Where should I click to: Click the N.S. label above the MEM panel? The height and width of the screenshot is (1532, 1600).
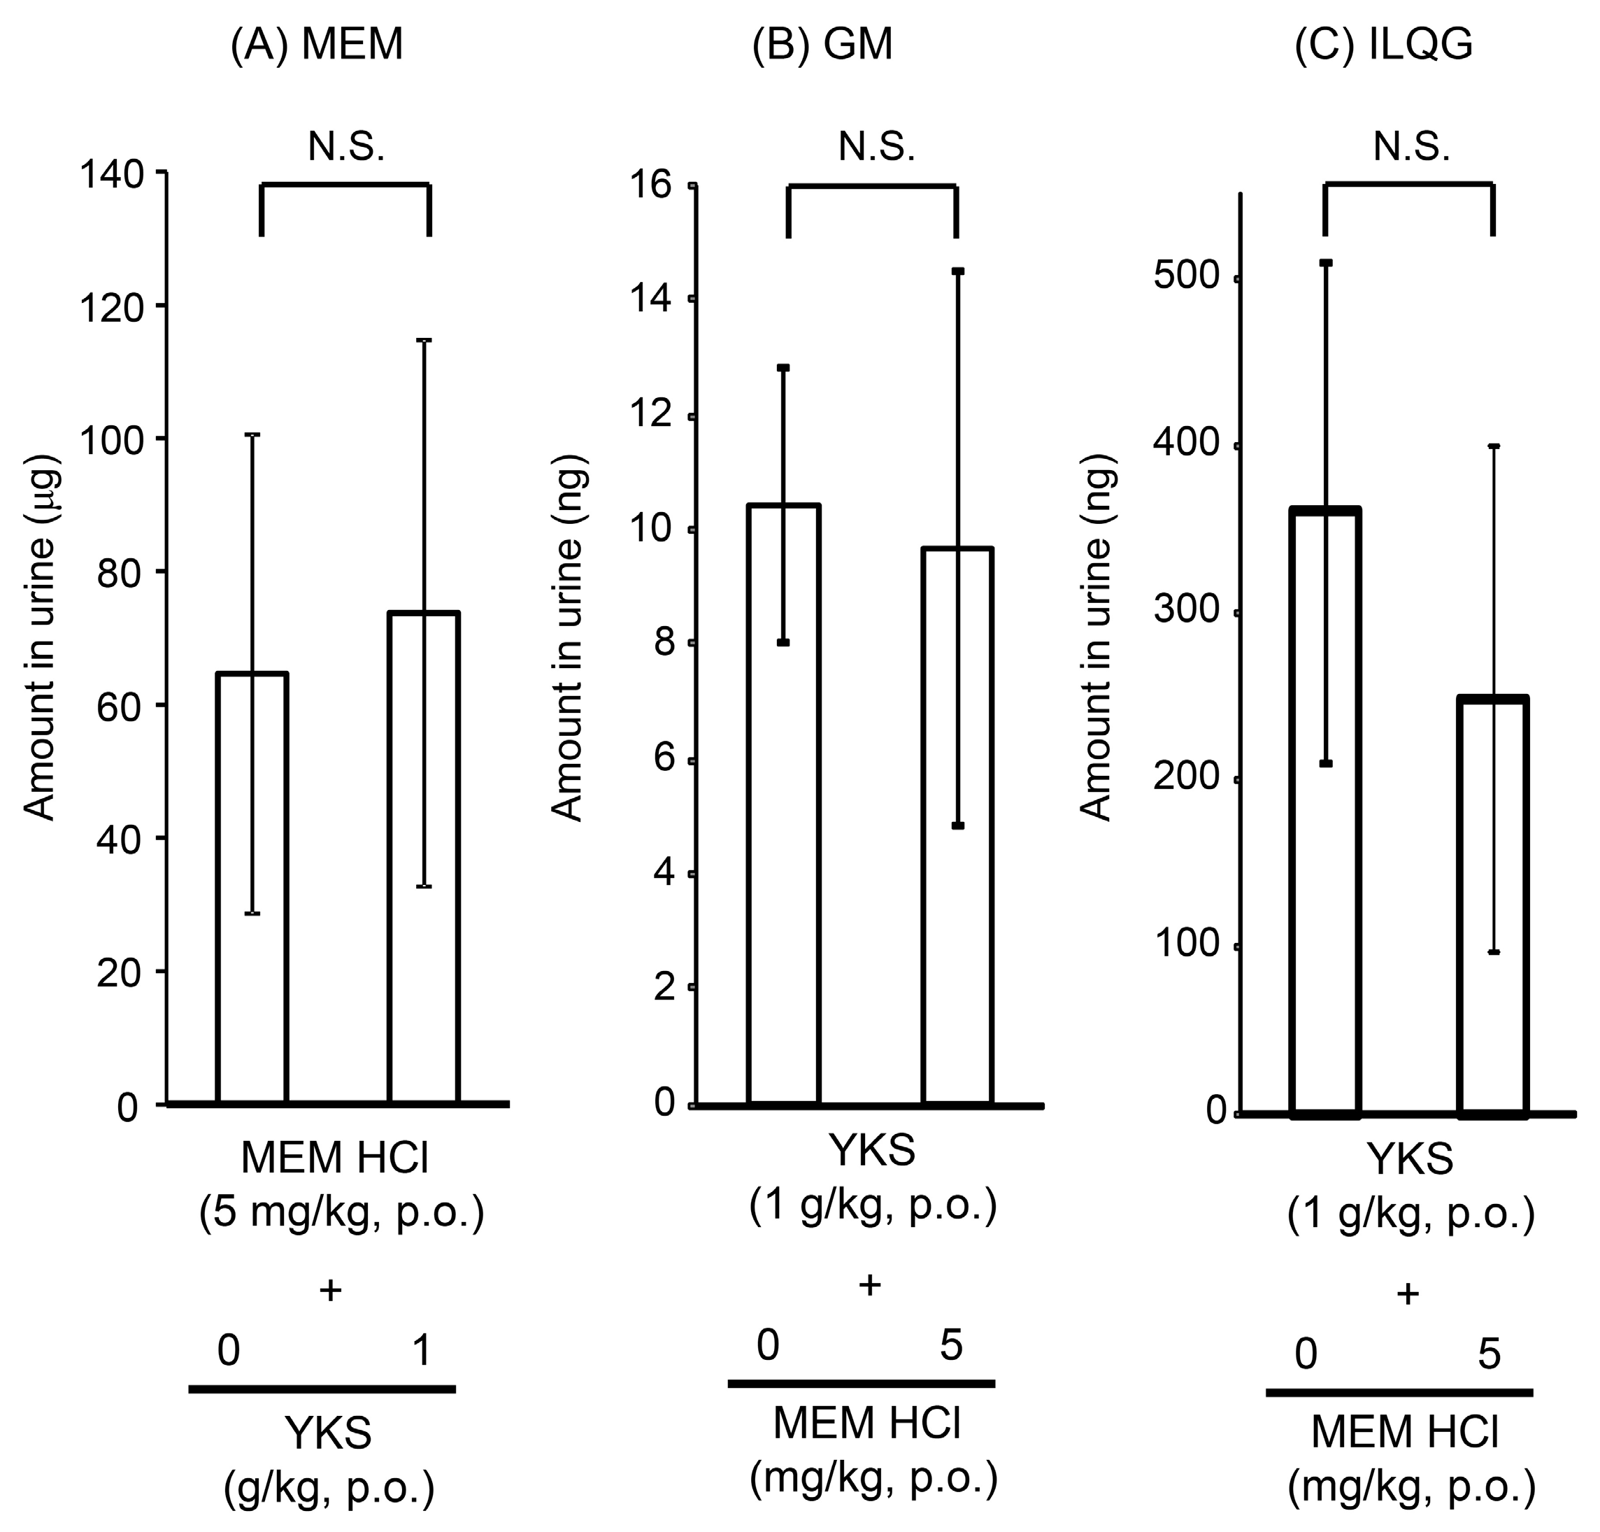346,148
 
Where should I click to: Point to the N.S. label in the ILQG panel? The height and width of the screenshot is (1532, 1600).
1411,148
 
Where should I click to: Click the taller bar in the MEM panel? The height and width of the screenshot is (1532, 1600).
424,858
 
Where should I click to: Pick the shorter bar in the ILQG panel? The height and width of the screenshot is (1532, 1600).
1493,907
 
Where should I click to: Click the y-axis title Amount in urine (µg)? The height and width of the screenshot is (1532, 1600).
38,637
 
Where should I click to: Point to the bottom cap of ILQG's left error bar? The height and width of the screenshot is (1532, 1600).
1326,763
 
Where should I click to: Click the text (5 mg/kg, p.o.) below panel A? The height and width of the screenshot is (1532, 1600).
341,1214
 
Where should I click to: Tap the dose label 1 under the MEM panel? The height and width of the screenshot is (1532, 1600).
421,1351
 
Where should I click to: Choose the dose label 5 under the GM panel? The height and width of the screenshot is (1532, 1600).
951,1345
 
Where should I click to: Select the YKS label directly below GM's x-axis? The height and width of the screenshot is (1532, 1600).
872,1151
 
